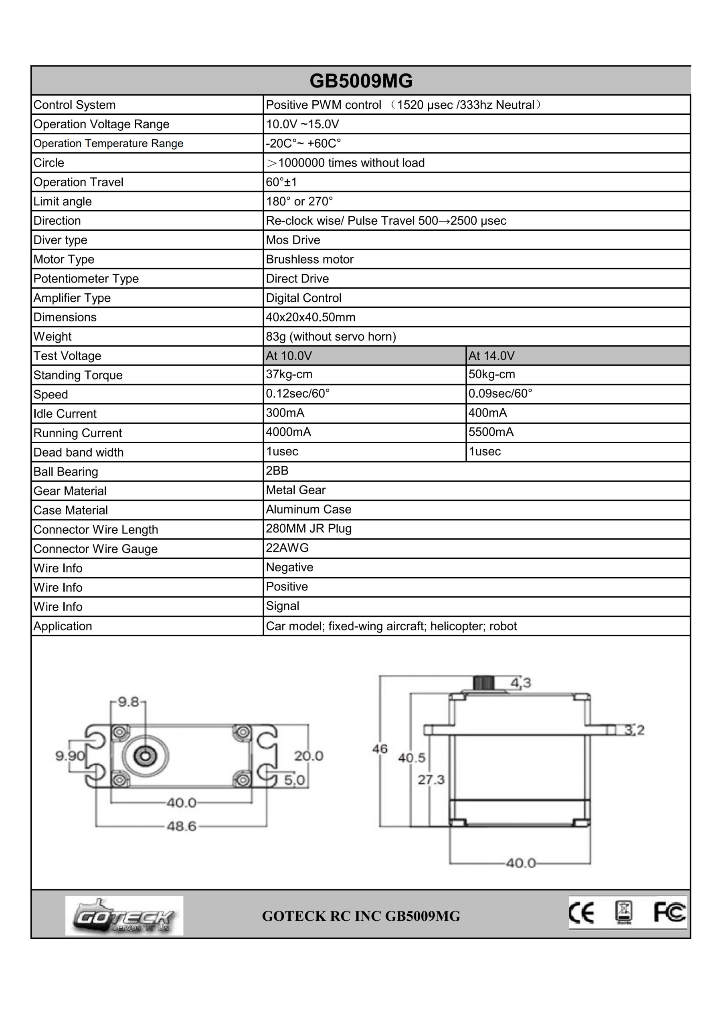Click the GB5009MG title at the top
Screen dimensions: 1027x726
pos(361,81)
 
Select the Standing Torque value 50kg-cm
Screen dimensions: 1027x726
pos(491,374)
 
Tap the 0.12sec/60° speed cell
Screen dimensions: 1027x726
pos(298,394)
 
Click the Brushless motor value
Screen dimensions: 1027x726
pos(309,260)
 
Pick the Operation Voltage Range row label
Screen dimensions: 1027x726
pos(101,124)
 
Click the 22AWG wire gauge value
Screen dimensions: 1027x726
pos(287,548)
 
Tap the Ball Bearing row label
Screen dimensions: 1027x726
pos(66,472)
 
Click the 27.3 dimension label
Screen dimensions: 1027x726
pos(431,779)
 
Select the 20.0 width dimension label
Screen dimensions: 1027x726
pos(308,756)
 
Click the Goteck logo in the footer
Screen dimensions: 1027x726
pos(124,915)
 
